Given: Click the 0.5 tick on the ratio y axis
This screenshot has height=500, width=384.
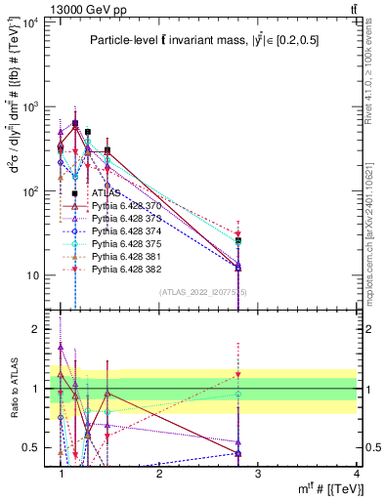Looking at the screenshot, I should [29, 447].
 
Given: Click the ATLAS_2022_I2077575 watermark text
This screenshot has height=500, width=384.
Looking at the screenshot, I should [204, 292].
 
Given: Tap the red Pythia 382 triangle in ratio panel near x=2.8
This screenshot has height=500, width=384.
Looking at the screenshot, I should [237, 375].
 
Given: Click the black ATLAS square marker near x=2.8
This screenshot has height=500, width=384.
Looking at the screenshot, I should [237, 240].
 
